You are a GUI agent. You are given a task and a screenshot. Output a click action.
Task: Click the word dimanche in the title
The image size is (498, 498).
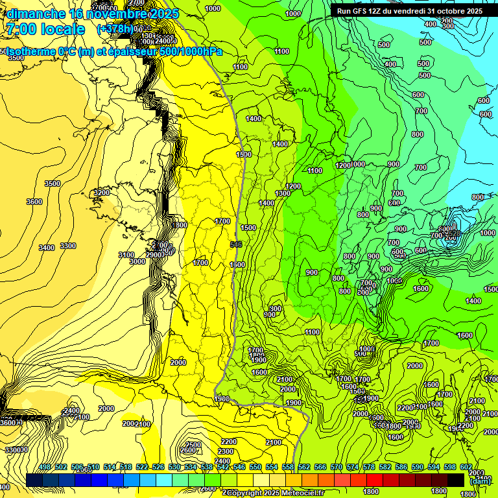(x=35, y=14)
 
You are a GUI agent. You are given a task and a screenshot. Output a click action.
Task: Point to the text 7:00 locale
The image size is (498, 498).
(x=45, y=29)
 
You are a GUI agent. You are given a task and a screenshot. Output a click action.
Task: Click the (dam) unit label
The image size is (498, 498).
(x=480, y=480)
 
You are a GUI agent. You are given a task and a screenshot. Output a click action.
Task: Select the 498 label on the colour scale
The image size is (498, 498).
(x=45, y=468)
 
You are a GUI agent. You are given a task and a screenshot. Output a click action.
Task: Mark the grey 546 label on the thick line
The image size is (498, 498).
(x=237, y=244)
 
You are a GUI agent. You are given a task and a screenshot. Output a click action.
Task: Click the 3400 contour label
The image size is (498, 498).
(x=46, y=248)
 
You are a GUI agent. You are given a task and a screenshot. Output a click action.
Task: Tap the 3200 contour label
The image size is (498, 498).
(x=102, y=193)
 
